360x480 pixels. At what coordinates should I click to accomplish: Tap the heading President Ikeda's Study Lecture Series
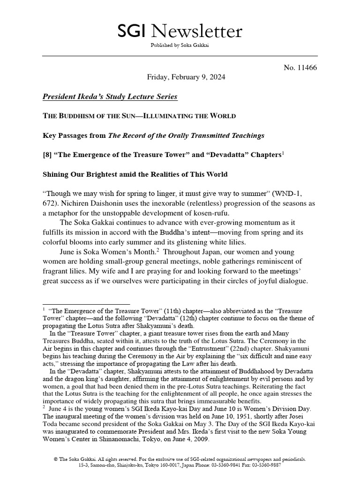point(110,97)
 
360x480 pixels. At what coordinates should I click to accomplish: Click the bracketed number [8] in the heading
point(48,155)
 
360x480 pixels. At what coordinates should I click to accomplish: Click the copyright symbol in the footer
point(56,459)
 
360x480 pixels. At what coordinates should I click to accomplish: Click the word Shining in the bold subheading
point(58,174)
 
